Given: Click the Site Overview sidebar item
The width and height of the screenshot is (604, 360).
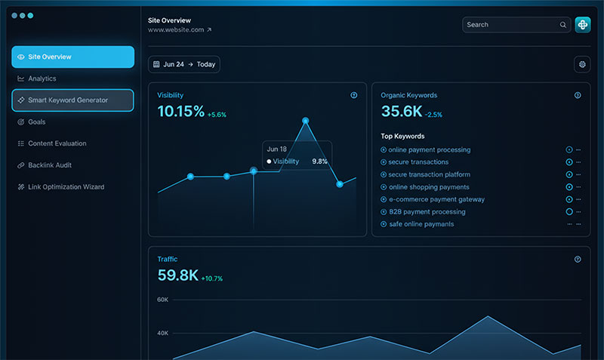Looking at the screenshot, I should [x=72, y=57].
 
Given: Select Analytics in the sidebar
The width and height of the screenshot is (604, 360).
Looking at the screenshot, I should [x=42, y=78].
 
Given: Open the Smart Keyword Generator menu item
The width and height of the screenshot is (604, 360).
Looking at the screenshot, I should [x=72, y=100].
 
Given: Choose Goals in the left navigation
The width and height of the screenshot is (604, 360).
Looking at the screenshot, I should [x=37, y=122].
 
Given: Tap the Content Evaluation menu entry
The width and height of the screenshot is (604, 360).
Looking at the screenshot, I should [x=57, y=143].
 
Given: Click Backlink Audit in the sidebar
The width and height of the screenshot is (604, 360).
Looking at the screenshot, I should [x=50, y=165].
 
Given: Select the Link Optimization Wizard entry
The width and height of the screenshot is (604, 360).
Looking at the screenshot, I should [x=66, y=187].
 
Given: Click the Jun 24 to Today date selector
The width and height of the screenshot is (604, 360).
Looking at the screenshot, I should [x=184, y=64].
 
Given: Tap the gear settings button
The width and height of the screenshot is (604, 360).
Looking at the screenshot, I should [x=582, y=64].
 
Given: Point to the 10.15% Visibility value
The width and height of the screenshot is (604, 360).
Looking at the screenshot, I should [x=180, y=112].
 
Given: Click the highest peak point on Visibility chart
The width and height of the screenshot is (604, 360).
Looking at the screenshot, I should [x=305, y=120].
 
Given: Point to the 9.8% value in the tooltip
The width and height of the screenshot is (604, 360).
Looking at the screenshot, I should [x=320, y=162].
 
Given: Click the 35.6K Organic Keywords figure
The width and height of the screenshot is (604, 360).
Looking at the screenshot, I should [x=401, y=112].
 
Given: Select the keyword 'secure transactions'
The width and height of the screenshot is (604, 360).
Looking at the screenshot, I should [x=418, y=162].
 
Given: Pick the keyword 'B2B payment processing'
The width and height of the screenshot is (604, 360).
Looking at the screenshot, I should [x=427, y=212].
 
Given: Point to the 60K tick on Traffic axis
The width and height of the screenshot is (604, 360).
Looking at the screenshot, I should [x=162, y=300].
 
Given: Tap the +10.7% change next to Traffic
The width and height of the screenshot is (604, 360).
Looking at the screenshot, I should [x=212, y=278].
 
